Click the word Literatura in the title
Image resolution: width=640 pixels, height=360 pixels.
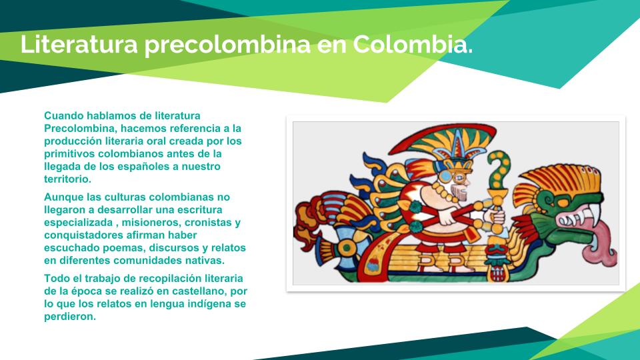click(79, 44)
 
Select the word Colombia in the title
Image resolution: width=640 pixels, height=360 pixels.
click(413, 44)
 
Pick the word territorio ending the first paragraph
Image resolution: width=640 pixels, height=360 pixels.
click(68, 179)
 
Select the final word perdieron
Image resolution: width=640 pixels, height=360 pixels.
click(70, 317)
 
